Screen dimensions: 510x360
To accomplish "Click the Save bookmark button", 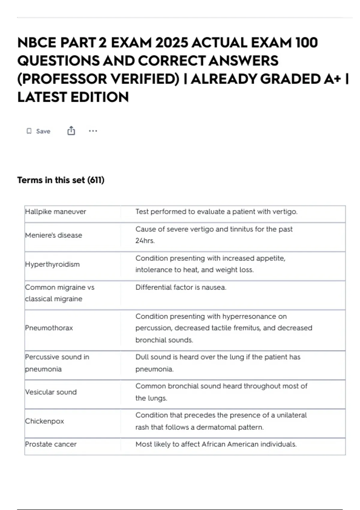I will click(x=38, y=131).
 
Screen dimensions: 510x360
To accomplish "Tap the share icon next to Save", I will click(x=71, y=131).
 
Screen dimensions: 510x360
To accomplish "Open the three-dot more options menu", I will click(x=93, y=131).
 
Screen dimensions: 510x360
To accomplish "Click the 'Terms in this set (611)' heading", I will click(x=61, y=180).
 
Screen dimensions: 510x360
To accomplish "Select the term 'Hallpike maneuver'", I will click(x=55, y=211).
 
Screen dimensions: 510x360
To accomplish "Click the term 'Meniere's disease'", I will click(x=53, y=235).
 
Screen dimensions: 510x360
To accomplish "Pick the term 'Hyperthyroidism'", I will click(x=52, y=264).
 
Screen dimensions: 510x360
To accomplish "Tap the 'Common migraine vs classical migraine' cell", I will click(x=59, y=293).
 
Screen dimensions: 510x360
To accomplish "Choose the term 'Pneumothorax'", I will click(x=49, y=328).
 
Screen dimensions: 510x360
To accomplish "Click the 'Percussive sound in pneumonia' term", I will click(x=57, y=363).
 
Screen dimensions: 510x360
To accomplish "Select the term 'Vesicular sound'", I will click(x=51, y=392).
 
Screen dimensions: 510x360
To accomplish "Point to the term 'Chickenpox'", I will click(x=44, y=421).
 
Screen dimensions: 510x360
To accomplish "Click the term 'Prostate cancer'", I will click(x=51, y=444).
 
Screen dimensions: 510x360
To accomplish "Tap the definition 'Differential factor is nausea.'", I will click(x=181, y=287).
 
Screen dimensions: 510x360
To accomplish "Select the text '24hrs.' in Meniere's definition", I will click(x=145, y=241).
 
